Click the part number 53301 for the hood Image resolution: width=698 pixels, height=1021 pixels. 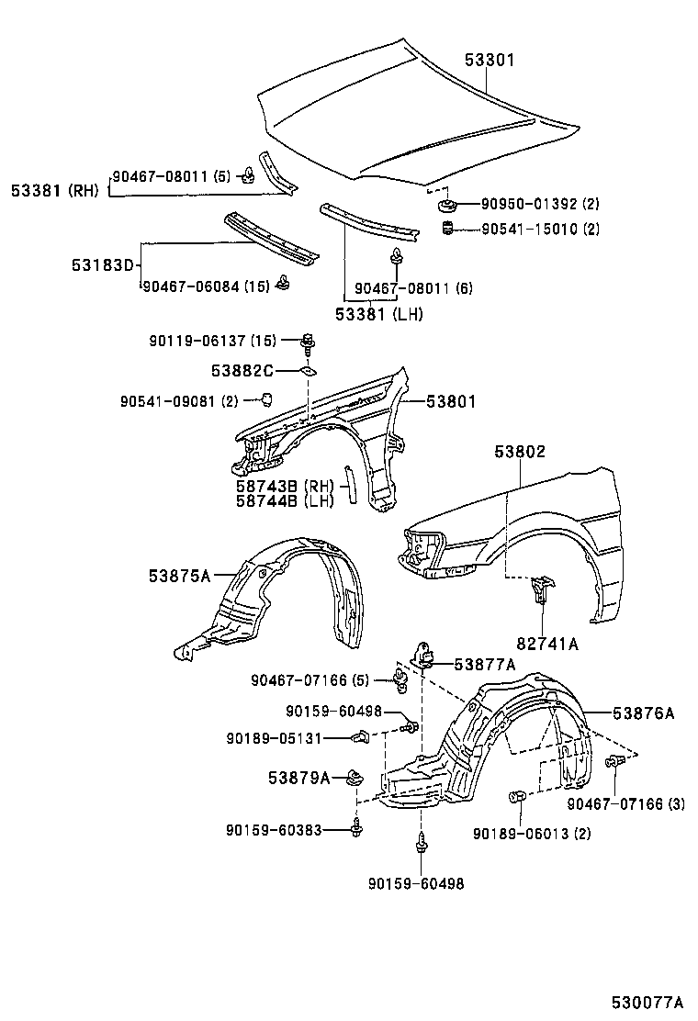point(489,61)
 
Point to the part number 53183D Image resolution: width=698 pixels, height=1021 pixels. point(103,265)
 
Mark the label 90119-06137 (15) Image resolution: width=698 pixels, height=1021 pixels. point(211,341)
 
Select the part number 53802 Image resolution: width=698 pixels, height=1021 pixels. point(520,452)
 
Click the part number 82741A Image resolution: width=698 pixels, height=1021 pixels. point(547,644)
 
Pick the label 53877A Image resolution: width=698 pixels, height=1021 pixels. point(484,664)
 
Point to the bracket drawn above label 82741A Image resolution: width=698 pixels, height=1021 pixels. point(541,588)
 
